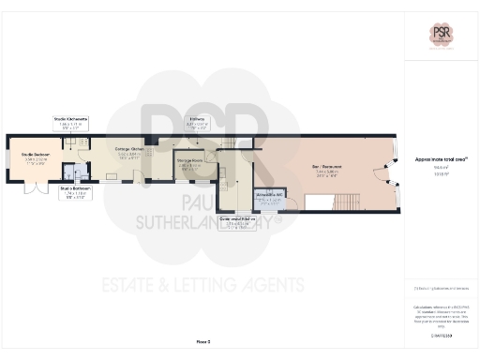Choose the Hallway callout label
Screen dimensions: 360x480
click(x=197, y=121)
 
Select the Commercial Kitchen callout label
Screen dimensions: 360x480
click(x=237, y=222)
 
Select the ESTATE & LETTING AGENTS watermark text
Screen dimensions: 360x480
click(x=202, y=283)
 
